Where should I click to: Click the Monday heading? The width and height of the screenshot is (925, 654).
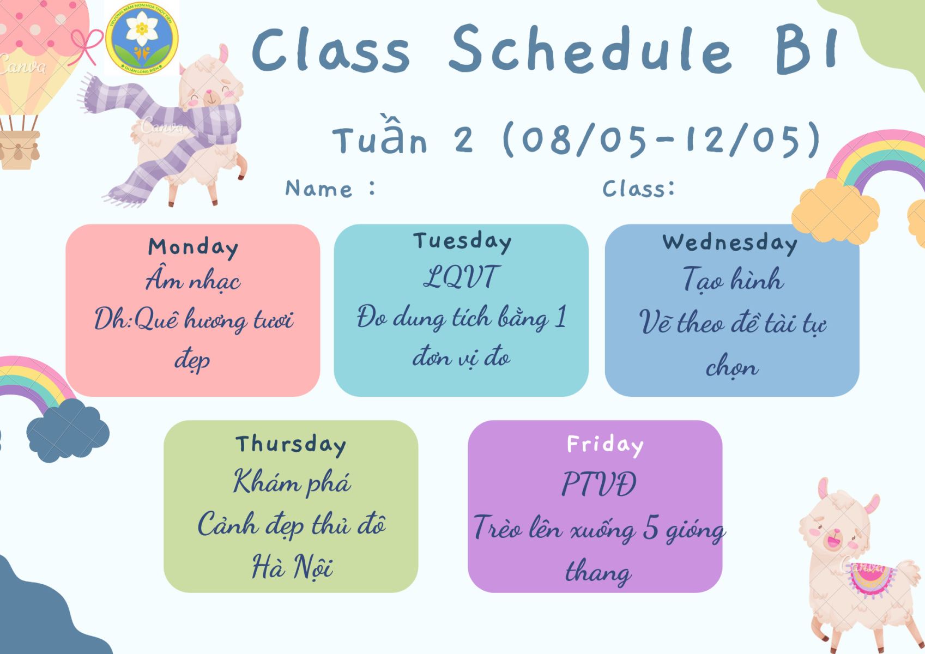(x=193, y=248)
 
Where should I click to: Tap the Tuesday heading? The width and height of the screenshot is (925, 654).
(x=462, y=242)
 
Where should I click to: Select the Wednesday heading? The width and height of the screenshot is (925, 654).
(x=730, y=244)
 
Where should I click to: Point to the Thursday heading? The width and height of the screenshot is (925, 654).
(x=291, y=445)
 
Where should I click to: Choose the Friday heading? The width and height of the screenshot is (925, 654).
(x=605, y=445)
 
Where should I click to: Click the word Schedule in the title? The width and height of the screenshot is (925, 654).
(x=591, y=50)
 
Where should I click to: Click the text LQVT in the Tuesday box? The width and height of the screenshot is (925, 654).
(x=461, y=277)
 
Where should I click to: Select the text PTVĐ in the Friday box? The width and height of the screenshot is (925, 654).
(x=599, y=484)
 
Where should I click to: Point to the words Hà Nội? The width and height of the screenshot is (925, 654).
(x=292, y=566)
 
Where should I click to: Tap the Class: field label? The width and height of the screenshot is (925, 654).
(x=638, y=189)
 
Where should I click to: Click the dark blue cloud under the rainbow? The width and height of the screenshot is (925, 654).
(x=67, y=430)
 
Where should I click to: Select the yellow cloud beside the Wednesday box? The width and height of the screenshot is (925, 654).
(x=836, y=211)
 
